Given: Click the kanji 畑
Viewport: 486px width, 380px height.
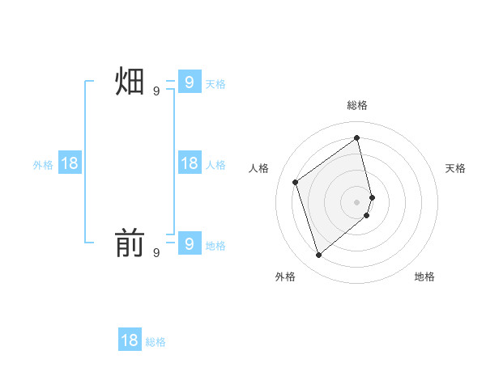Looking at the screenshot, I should coord(130,82).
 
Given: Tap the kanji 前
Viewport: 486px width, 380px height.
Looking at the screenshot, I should coord(130,243).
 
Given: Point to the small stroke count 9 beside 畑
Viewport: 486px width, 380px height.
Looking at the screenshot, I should coord(156,91).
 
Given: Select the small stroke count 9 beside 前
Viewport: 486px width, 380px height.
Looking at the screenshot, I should coord(156,253).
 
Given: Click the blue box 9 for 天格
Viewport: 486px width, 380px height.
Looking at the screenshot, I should coord(189,82).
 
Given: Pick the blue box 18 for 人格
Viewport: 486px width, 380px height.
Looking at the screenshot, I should coord(189,163).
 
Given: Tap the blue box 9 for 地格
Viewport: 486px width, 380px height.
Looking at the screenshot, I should coord(189,243).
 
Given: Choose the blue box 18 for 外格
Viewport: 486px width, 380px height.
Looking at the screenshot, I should coord(70,163).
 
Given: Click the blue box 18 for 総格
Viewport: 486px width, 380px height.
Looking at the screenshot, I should coord(130,340).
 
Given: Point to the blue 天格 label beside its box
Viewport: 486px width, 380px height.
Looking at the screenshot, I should coord(215,84).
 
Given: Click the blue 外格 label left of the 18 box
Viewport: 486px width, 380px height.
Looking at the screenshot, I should coord(43,165).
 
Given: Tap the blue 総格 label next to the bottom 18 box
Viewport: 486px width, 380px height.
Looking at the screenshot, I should coord(156,342).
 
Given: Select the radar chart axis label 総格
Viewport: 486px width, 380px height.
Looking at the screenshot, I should coord(357,105).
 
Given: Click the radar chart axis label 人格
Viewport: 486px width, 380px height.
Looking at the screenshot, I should coord(259,168).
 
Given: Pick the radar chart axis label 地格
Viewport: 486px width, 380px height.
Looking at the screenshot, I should coord(424,277).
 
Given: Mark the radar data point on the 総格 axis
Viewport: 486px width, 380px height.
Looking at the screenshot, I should coord(357,137).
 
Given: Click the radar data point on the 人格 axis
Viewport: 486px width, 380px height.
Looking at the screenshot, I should coord(296,182).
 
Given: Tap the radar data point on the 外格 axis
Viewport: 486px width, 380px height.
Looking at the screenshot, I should coord(319,255).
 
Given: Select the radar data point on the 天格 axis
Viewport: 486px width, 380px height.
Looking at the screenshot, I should coord(372,196).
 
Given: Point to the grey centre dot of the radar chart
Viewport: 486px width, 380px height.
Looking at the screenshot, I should coord(357,201).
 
